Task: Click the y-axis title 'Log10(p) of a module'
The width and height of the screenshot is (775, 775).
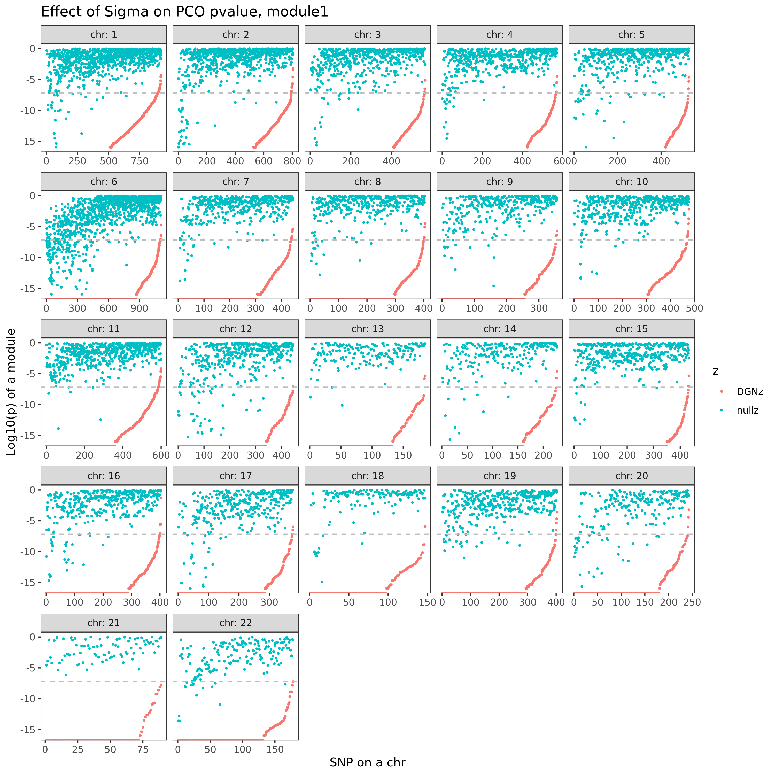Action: pyautogui.click(x=11, y=392)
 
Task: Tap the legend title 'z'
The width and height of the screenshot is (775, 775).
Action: pyautogui.click(x=716, y=371)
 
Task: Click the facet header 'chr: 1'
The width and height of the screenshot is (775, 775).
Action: pyautogui.click(x=104, y=35)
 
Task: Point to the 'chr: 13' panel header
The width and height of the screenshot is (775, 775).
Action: pyautogui.click(x=367, y=329)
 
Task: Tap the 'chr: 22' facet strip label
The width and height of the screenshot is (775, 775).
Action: pyautogui.click(x=235, y=623)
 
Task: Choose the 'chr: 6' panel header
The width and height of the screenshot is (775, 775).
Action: pyautogui.click(x=104, y=182)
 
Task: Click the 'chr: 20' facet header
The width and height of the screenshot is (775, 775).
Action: pyautogui.click(x=631, y=476)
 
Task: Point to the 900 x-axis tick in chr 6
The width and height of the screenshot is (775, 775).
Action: pyautogui.click(x=139, y=308)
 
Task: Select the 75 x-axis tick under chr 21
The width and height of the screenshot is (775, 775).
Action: pyautogui.click(x=143, y=749)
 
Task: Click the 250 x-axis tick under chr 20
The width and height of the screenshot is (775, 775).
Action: pyautogui.click(x=692, y=602)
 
